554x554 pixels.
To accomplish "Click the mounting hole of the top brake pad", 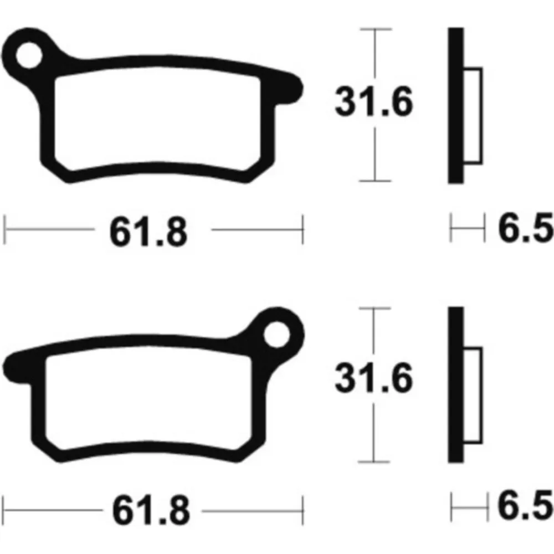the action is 29,55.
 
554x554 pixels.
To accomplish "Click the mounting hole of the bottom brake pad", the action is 276,335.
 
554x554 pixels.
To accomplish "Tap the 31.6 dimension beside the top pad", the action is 374,102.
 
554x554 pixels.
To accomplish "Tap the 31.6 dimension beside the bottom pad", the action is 374,378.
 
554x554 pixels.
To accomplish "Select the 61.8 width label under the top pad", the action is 148,232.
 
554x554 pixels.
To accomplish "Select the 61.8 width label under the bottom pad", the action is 151,510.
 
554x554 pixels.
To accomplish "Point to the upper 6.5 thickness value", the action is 525,228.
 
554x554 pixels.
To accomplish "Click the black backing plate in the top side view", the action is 456,105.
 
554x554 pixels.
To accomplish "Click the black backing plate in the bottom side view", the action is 456,385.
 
